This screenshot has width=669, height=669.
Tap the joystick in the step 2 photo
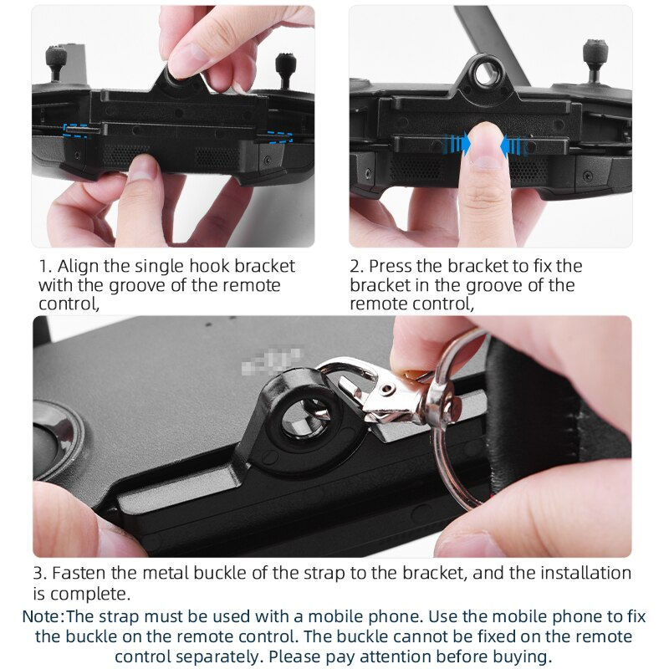point(595,53)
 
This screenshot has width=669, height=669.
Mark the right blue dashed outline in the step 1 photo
point(279,135)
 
